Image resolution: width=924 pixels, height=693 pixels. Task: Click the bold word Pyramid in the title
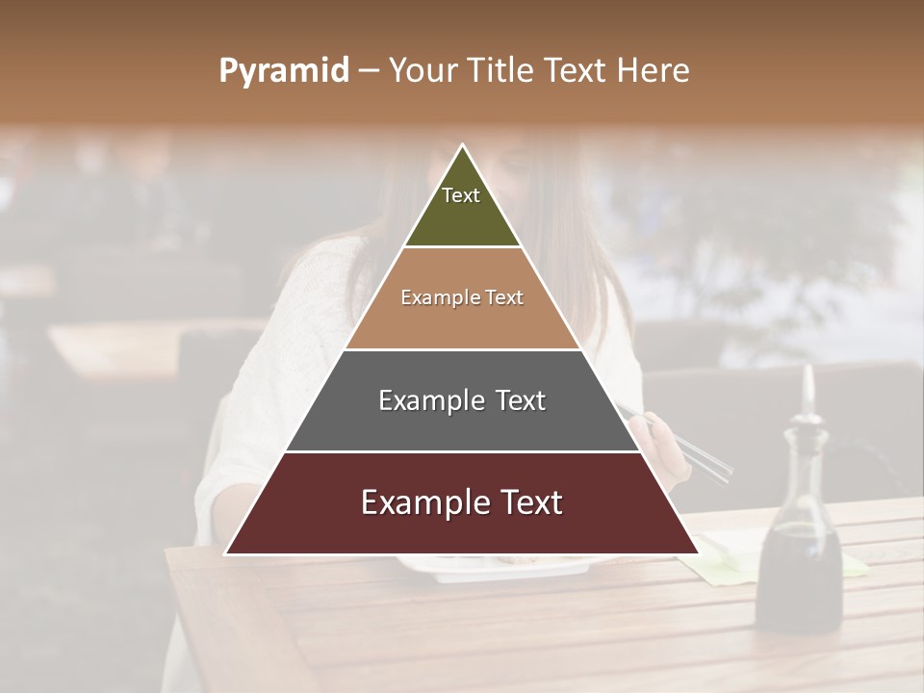284,71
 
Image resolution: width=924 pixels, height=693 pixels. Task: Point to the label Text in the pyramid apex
461,195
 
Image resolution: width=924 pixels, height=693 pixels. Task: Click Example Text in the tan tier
462,297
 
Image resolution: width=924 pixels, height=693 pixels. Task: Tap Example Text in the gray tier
462,400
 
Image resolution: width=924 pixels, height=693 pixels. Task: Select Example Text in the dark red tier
462,502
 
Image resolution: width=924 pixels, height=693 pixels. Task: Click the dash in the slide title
369,71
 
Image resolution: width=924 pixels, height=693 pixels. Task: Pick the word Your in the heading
422,71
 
